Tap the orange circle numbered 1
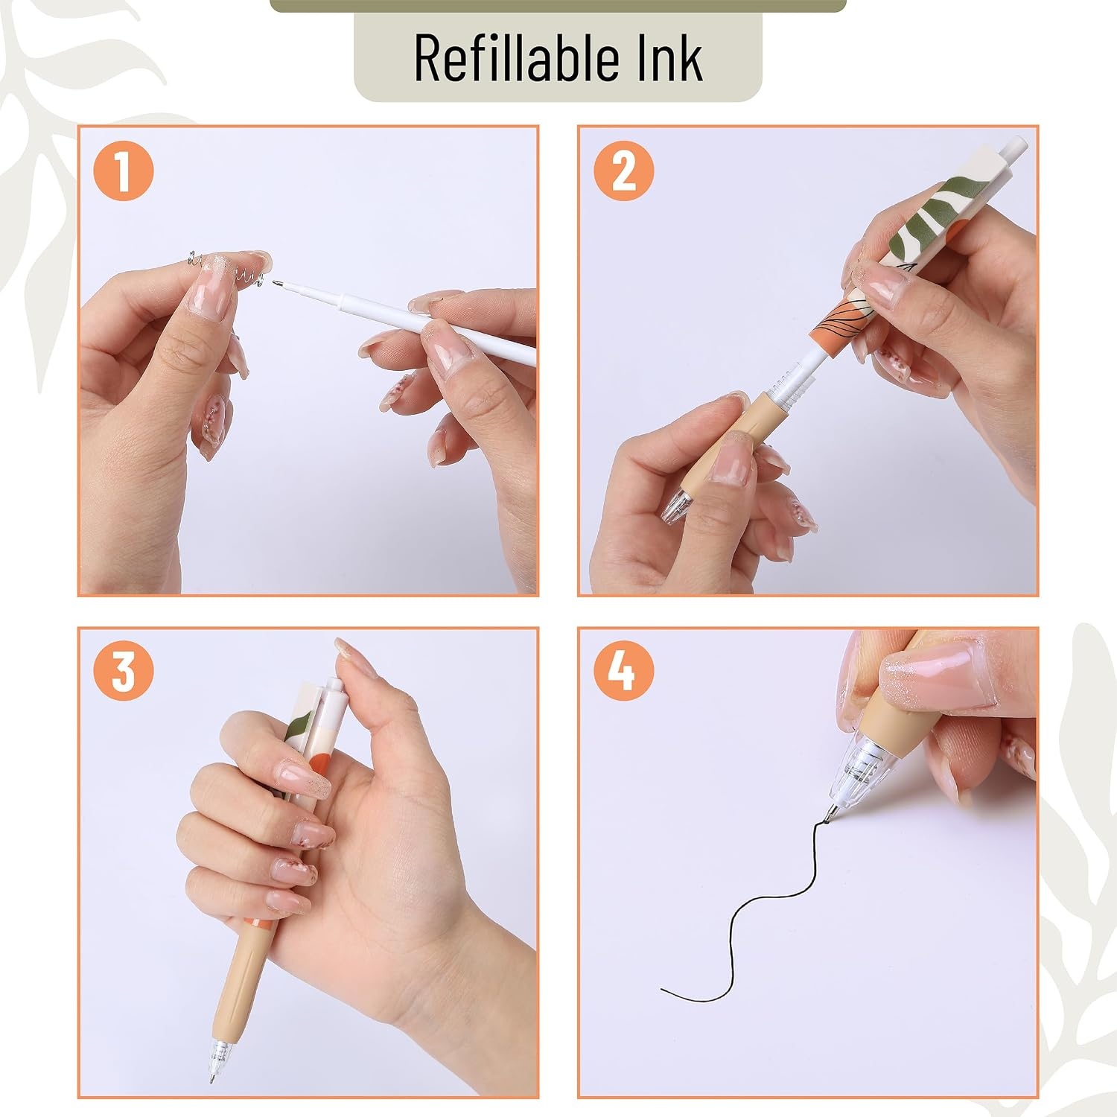[124, 171]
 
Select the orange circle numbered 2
[624, 171]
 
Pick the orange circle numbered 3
[124, 672]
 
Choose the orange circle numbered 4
[624, 672]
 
